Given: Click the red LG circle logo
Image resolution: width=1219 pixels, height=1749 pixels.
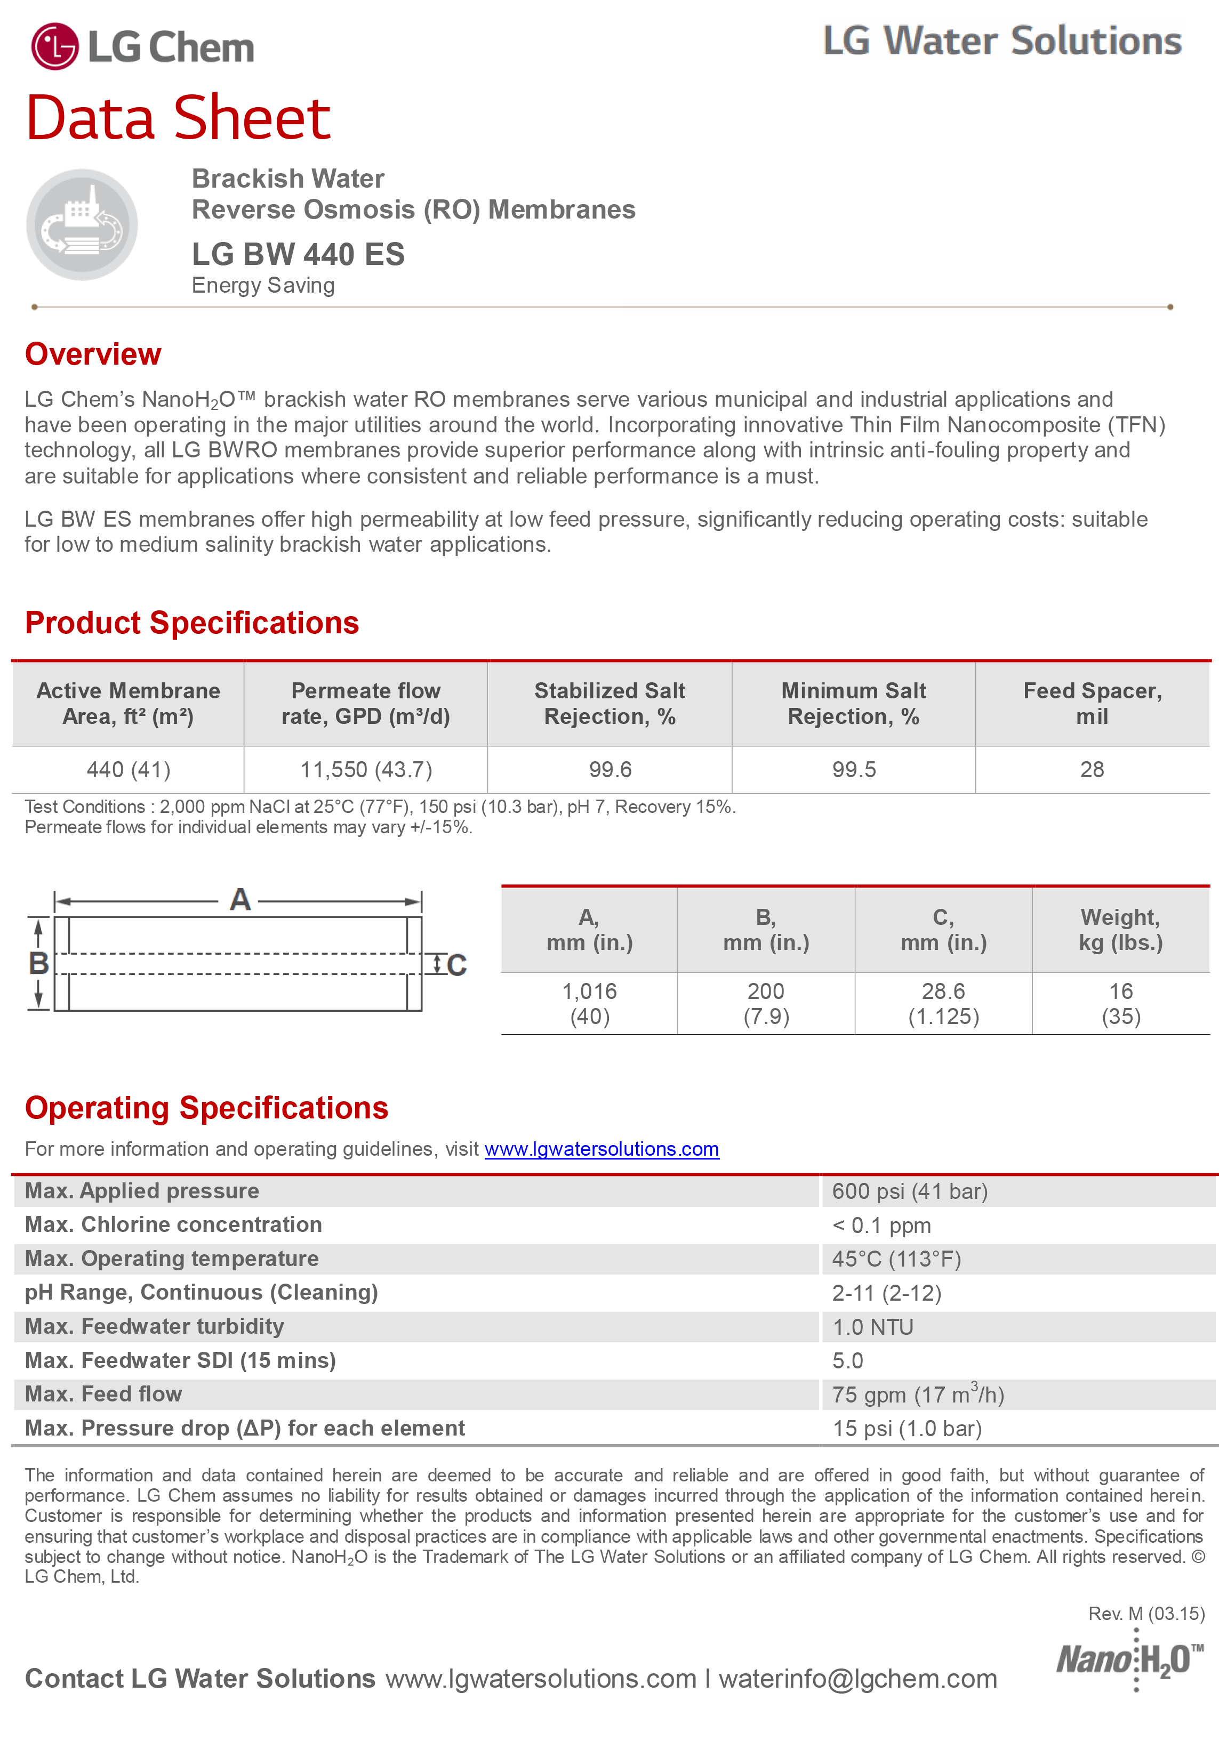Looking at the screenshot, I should pos(54,46).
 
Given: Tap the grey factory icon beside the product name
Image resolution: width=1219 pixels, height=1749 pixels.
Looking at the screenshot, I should pos(82,225).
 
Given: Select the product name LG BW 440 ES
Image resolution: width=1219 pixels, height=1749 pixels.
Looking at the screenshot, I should pos(298,254).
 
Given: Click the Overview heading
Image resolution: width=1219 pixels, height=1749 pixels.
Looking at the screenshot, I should pos(93,354).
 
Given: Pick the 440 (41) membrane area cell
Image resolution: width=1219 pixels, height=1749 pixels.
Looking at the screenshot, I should pos(128,769).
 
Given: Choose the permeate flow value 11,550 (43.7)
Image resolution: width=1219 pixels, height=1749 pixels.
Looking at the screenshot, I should pos(366,769).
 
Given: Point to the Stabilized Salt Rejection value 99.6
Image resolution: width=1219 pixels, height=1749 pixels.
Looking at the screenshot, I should pos(610,769).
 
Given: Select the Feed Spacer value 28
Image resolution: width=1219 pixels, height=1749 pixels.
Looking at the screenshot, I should pos(1092,769).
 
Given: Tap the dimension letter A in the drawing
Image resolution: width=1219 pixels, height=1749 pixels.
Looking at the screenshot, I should pos(240,900).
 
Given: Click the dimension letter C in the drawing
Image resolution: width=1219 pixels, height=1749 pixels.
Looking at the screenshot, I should pos(456,965).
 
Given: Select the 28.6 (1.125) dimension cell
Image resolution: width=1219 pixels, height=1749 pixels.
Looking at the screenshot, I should pos(943,1003).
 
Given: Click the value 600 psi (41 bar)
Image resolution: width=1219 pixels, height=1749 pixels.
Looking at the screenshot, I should pos(910,1191).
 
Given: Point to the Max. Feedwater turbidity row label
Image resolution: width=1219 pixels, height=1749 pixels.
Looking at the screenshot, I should pos(155,1326).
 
